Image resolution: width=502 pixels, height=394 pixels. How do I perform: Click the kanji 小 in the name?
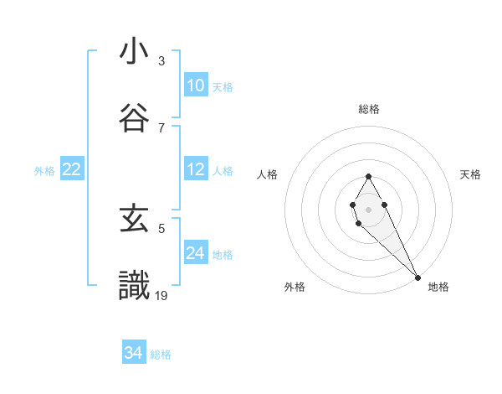[135, 52]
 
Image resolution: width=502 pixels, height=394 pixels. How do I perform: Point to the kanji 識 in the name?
[135, 285]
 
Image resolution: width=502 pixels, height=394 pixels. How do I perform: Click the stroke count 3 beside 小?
[161, 60]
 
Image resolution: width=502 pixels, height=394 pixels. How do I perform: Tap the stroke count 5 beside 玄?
[161, 227]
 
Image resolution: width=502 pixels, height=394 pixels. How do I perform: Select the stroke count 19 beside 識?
[162, 294]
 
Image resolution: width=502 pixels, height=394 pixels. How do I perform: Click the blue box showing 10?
[195, 86]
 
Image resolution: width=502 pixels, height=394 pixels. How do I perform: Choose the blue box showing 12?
[195, 169]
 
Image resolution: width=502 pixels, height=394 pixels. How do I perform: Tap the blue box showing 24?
[195, 253]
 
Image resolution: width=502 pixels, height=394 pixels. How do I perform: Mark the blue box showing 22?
[72, 169]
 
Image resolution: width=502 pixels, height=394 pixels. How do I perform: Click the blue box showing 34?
[134, 353]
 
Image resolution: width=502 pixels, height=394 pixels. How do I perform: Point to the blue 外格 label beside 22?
[44, 171]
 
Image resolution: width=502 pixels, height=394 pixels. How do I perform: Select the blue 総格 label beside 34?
[161, 355]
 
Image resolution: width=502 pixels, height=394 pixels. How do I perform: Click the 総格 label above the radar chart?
[369, 109]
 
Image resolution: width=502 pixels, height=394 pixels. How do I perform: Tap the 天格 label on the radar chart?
[471, 174]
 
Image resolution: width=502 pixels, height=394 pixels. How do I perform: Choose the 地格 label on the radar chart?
[438, 287]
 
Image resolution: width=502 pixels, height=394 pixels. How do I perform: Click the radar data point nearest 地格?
[417, 277]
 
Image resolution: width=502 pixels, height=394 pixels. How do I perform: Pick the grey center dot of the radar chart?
[368, 208]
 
